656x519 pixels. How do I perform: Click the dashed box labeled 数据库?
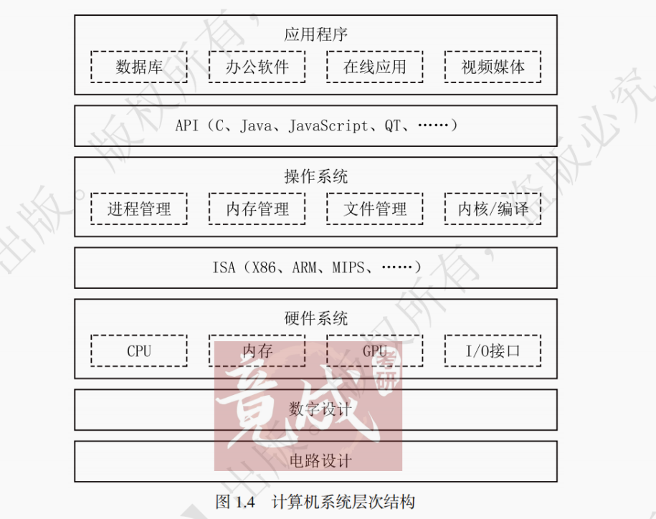[x=139, y=67]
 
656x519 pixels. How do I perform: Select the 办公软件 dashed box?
[x=257, y=67]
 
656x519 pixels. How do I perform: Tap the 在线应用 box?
[x=374, y=67]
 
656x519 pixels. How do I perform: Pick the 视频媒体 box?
[x=493, y=67]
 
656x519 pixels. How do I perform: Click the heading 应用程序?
[x=315, y=34]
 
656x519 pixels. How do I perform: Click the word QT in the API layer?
[x=392, y=126]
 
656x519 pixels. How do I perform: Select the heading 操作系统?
[x=315, y=176]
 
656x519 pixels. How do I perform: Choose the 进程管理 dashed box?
[x=139, y=209]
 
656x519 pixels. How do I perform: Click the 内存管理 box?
[x=257, y=209]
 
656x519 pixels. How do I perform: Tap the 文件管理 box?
[x=374, y=209]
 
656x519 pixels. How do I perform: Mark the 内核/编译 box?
[x=493, y=209]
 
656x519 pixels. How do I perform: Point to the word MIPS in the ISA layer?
[x=348, y=268]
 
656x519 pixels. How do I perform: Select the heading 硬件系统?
[x=315, y=318]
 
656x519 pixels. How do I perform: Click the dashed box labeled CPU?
[x=139, y=351]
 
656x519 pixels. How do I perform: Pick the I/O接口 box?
[x=493, y=351]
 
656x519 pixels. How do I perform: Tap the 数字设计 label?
[x=320, y=409]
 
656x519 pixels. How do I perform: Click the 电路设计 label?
[x=320, y=460]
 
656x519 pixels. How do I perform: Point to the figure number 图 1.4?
[x=234, y=502]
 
